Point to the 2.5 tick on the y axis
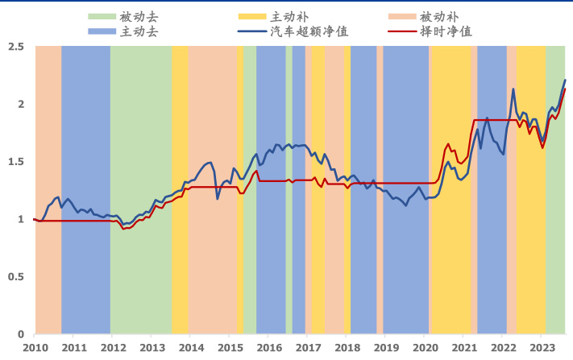click(x=15, y=47)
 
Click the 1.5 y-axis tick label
click(x=15, y=162)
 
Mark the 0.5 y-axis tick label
click(x=15, y=276)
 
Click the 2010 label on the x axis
click(x=35, y=348)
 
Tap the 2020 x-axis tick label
click(x=425, y=348)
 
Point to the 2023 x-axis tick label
click(x=542, y=348)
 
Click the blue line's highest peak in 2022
click(x=513, y=89)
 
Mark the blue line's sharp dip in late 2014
click(x=218, y=198)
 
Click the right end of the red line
click(x=565, y=89)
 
